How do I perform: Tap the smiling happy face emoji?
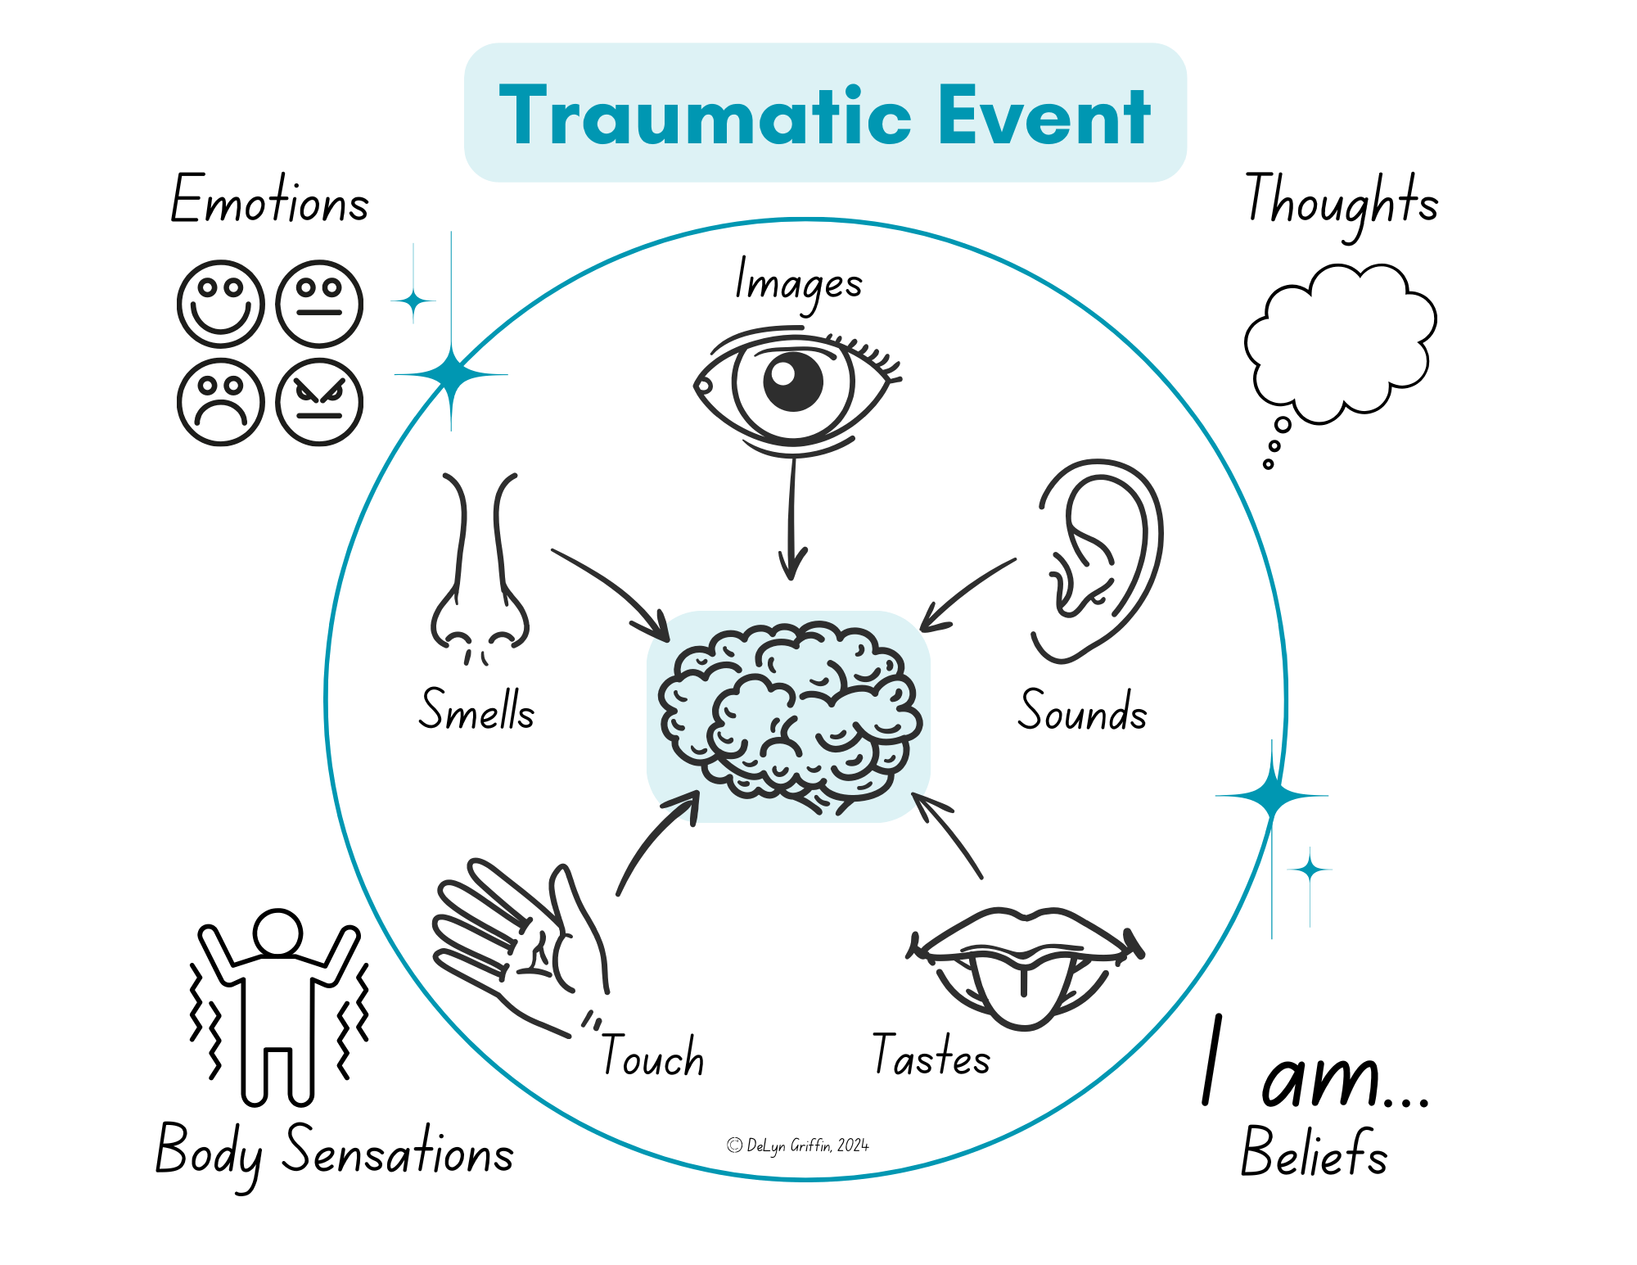coord(220,304)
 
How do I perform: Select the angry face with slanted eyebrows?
coord(319,402)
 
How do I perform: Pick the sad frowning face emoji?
coord(220,402)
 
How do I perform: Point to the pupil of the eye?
coord(792,382)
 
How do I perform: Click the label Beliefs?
coord(1314,1152)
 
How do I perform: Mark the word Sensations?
coord(398,1151)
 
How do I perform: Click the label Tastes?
coord(931,1055)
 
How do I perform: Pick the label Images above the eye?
coord(798,283)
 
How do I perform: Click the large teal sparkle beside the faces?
coord(450,375)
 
